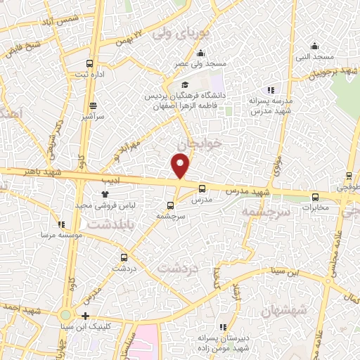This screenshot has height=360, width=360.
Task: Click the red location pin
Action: pyautogui.click(x=181, y=166)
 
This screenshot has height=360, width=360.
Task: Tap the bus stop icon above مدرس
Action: pyautogui.click(x=202, y=188)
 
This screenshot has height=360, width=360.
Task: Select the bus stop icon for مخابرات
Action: pyautogui.click(x=315, y=197)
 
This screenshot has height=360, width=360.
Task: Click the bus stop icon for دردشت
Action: pyautogui.click(x=124, y=257)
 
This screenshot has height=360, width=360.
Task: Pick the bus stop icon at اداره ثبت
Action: pyautogui.click(x=89, y=63)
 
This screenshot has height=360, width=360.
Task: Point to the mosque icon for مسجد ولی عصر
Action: pyautogui.click(x=201, y=53)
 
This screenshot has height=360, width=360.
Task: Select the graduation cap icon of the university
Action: pyautogui.click(x=185, y=85)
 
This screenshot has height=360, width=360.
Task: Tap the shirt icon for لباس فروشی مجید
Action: pyautogui.click(x=105, y=193)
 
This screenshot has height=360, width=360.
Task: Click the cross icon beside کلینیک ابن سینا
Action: pyautogui.click(x=86, y=316)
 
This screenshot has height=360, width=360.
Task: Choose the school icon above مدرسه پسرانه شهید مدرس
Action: pyautogui.click(x=271, y=89)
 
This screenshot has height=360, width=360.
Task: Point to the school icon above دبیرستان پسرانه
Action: pyautogui.click(x=223, y=327)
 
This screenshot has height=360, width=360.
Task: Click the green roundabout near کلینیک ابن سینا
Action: pyautogui.click(x=66, y=316)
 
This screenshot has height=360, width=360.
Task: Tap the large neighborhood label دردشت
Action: pyautogui.click(x=177, y=268)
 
